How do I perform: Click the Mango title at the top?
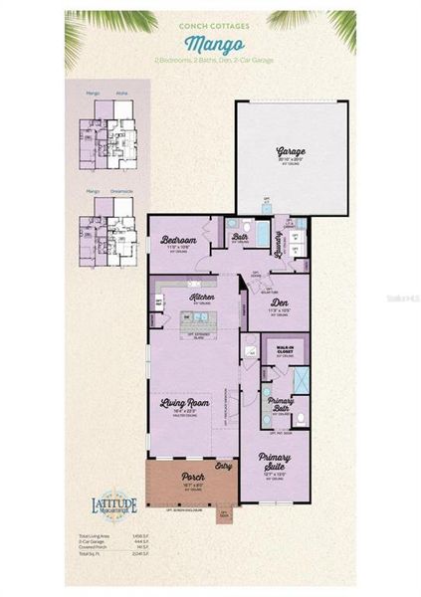[x=209, y=44]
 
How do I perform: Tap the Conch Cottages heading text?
[x=209, y=27]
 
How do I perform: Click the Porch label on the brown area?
[x=193, y=477]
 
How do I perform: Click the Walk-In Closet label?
[x=283, y=349]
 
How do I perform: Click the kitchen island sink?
[x=198, y=318]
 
